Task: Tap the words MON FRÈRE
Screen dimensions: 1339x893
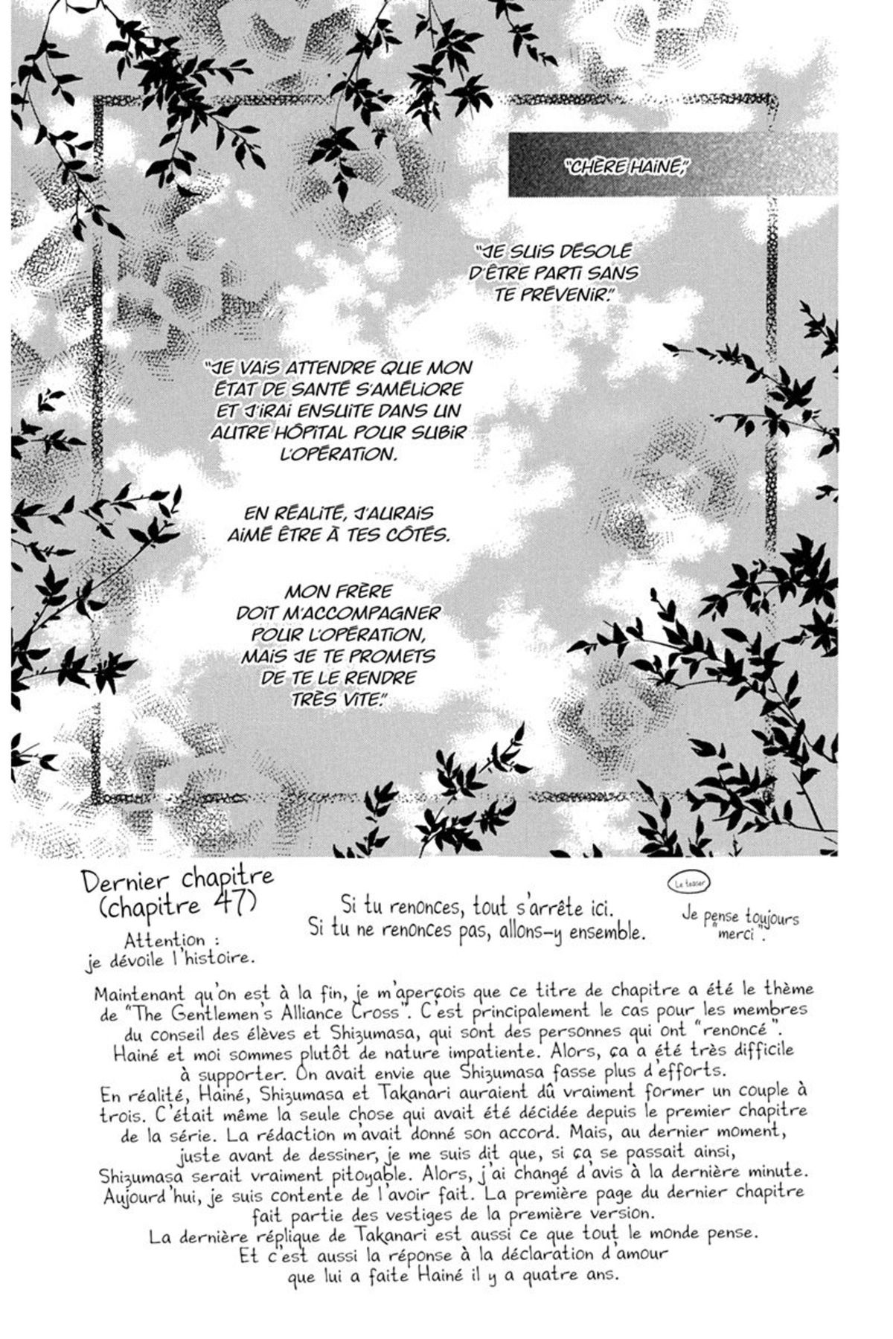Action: tap(338, 592)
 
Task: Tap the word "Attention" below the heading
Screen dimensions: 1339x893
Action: tap(165, 940)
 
